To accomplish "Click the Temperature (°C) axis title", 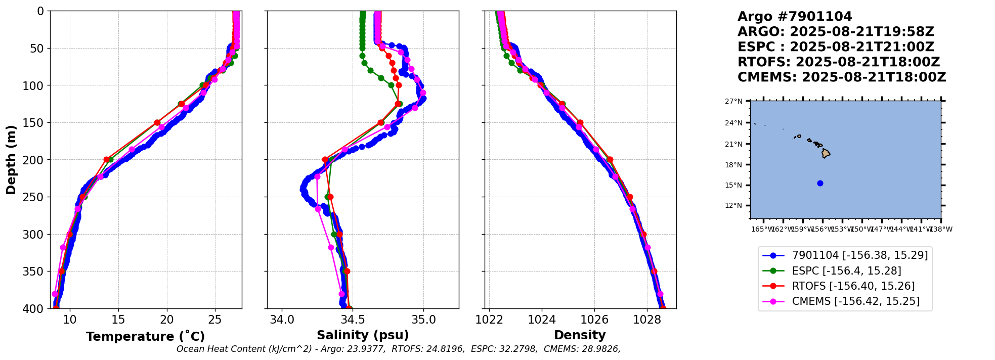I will point(145,336).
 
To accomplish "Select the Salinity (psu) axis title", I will point(363,335).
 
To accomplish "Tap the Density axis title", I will point(580,335).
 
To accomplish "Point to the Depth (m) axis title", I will point(11,160).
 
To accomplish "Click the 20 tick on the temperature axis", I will point(167,320).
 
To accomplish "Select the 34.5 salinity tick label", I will point(353,320).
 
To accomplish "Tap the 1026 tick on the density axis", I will point(594,320).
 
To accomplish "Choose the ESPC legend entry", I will point(846,271).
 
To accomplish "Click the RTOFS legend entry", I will point(853,286).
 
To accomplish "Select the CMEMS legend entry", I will point(855,301).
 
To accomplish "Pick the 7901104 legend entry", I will point(859,256).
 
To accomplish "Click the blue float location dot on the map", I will point(820,183).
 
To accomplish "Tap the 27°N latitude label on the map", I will point(733,101).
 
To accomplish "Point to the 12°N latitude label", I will point(733,205).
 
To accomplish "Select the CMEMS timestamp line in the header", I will point(841,77).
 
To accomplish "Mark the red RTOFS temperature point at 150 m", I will point(157,122).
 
